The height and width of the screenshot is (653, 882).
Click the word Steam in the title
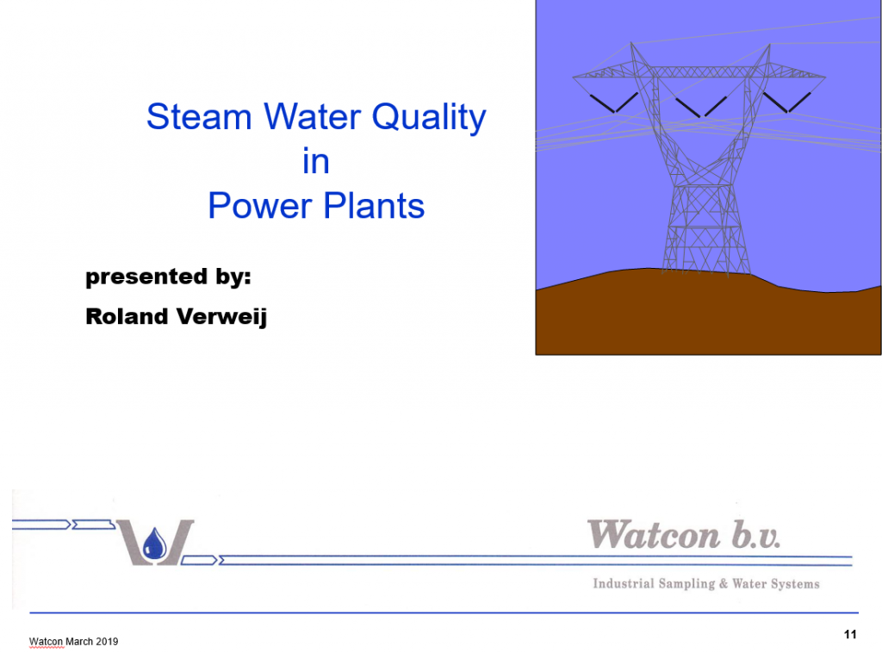pos(199,116)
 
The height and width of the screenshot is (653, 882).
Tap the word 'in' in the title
pos(315,161)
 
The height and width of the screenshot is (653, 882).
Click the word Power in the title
pos(260,205)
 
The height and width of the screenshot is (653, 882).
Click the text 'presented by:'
pos(168,277)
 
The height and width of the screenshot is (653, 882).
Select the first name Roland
pos(127,316)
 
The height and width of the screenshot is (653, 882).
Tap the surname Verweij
pos(221,317)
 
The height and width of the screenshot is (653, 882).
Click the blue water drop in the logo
pos(154,544)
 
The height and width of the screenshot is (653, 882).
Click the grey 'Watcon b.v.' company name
pos(683,534)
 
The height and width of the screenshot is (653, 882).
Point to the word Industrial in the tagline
pos(624,583)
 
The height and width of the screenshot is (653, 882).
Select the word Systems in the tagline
pos(795,584)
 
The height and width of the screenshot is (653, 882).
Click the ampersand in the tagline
pos(724,584)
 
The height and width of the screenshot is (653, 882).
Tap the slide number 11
pos(850,634)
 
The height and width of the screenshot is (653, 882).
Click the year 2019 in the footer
pos(107,641)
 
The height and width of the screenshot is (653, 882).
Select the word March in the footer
pos(79,641)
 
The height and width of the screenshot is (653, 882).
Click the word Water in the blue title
pos(312,116)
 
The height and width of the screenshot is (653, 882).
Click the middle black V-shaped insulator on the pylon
pos(701,107)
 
